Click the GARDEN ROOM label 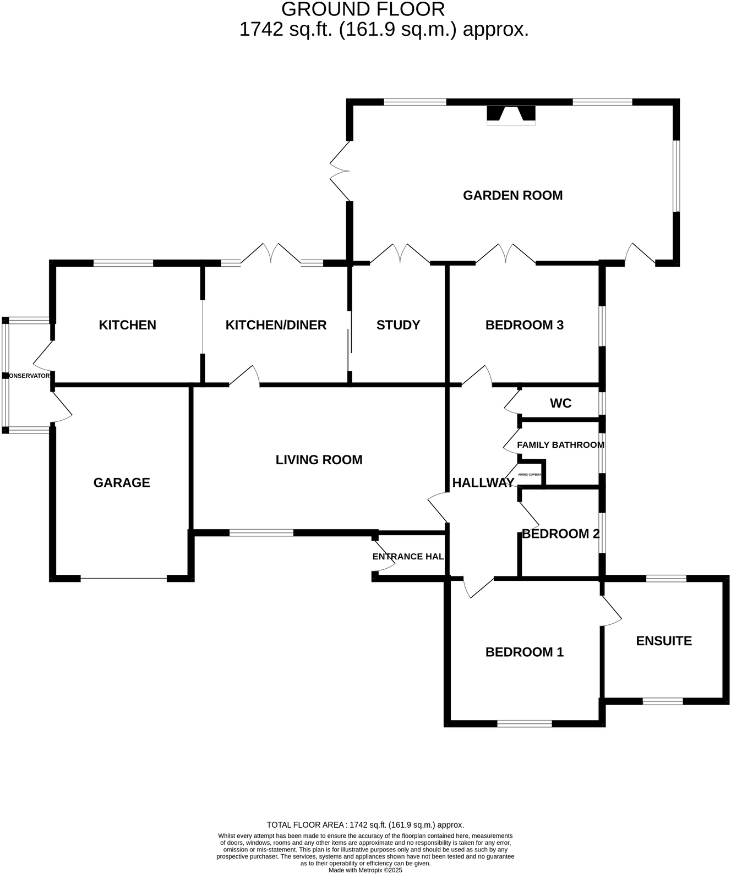[x=512, y=195]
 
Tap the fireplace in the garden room [x=511, y=115]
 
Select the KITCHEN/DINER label [x=276, y=325]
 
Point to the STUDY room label [x=398, y=325]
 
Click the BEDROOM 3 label [x=524, y=325]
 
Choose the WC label [x=560, y=403]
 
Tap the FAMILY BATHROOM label [x=560, y=444]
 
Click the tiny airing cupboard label [x=530, y=474]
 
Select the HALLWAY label [x=483, y=482]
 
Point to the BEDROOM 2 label [x=560, y=534]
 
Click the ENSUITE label [x=663, y=641]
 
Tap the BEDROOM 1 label [x=524, y=652]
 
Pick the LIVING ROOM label [x=319, y=460]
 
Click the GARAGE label [x=122, y=482]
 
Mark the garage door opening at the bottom [x=124, y=578]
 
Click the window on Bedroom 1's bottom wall [x=524, y=723]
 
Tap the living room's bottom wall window [x=261, y=532]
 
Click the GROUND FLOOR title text [x=363, y=9]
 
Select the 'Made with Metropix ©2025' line [x=365, y=870]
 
